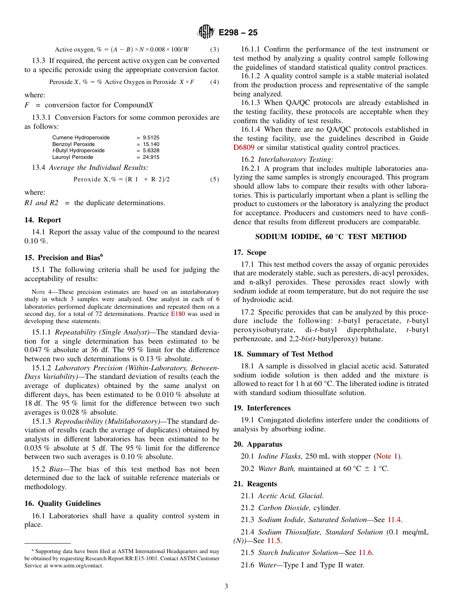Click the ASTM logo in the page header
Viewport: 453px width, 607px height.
coord(206,32)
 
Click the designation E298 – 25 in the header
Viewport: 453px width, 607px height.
coord(238,32)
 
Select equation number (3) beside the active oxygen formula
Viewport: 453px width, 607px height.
coord(215,49)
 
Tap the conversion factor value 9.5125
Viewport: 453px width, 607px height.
coord(151,137)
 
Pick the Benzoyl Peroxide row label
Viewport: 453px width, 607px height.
coord(73,144)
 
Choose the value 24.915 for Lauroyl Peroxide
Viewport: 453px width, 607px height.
coord(151,157)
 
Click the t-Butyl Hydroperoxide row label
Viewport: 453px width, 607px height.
coord(78,150)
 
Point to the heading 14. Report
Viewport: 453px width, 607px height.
coord(42,220)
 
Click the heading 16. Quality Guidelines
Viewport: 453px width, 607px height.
coord(62,503)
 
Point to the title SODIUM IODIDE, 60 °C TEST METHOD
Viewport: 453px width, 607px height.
coord(330,237)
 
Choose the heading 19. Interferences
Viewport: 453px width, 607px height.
coord(262,408)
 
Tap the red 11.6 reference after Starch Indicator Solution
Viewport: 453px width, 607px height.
coord(366,553)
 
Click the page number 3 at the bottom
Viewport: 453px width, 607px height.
coord(226,586)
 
